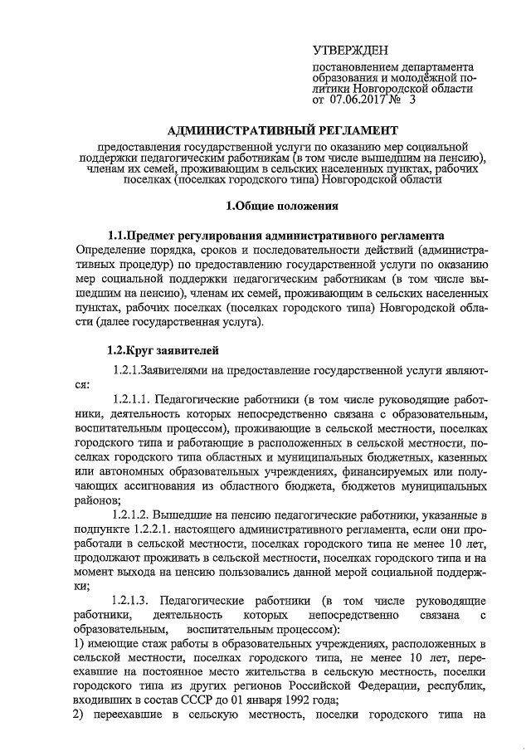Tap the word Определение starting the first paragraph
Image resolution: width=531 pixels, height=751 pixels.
pos(113,250)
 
